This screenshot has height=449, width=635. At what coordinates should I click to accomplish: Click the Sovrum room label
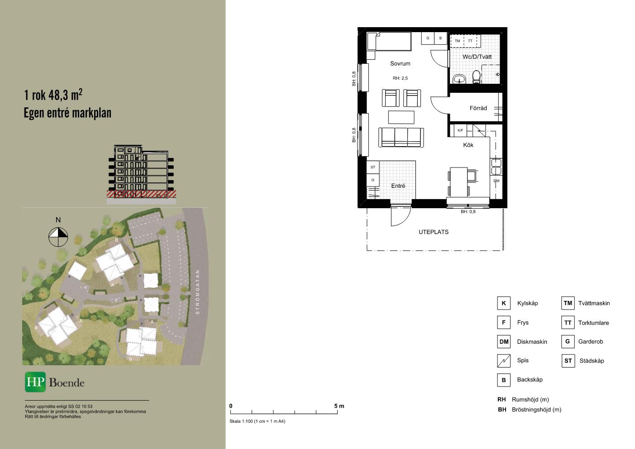point(400,63)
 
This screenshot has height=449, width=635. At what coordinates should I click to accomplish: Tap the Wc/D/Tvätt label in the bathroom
point(477,57)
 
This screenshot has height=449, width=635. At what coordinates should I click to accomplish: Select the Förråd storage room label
point(478,108)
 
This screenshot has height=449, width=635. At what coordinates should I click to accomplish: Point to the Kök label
point(468,145)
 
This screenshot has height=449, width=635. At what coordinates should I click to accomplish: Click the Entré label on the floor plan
point(398,186)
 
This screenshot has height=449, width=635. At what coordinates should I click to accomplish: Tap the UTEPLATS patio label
point(434,232)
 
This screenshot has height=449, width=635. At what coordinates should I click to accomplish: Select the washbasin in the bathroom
point(459,79)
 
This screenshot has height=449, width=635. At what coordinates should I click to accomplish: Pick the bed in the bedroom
point(389,41)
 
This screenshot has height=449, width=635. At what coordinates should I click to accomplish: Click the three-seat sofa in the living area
point(401,138)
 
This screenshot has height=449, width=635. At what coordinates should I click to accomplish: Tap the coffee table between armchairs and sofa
point(401,117)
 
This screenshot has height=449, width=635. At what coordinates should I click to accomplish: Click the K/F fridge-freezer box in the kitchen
point(460,130)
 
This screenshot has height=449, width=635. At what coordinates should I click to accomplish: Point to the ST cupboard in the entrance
point(373,167)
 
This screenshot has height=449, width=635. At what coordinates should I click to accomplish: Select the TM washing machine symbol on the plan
point(457,41)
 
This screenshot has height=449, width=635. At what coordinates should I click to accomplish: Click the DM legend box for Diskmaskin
point(504,342)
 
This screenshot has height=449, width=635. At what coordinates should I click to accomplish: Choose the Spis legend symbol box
point(504,361)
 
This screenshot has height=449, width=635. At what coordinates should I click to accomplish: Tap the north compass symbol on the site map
point(58,237)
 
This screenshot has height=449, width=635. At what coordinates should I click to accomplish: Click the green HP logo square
point(35,382)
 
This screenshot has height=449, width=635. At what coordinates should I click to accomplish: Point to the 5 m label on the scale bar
point(339,406)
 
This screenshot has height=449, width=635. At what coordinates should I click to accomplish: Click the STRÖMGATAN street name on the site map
point(198,292)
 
